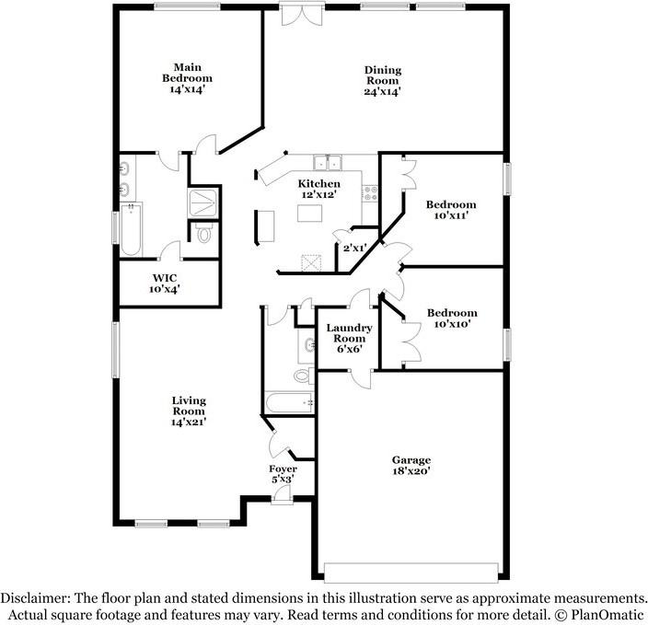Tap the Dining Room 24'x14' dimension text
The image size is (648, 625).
coord(382,92)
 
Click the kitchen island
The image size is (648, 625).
coord(312,214)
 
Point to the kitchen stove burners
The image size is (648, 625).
coord(370,194)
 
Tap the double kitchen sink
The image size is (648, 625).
coord(327,163)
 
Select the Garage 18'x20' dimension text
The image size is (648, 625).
coord(411,471)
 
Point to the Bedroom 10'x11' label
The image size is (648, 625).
coord(451,204)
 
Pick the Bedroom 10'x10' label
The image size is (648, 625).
coord(451,313)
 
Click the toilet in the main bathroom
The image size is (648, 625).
coord(203,234)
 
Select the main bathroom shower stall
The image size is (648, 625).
coord(203,202)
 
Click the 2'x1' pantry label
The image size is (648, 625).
coord(354,247)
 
